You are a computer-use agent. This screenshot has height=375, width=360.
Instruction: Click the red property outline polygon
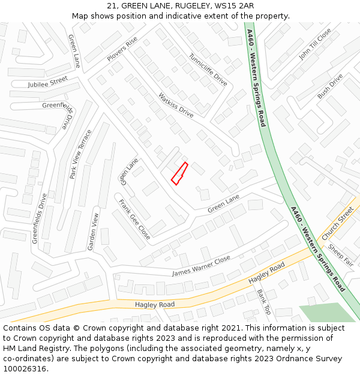179,173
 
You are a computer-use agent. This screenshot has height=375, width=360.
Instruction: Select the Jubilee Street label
48,82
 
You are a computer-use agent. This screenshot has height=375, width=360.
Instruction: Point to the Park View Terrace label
81,154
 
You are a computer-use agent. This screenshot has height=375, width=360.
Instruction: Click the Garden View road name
93,232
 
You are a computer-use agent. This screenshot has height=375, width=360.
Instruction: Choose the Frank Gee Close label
134,220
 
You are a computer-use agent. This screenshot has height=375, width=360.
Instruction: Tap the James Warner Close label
201,266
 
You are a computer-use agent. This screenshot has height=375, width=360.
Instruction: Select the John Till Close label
315,44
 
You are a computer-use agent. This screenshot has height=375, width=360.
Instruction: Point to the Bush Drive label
330,86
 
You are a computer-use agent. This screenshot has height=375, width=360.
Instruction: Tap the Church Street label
338,223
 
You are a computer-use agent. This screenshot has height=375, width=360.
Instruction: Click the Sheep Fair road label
341,255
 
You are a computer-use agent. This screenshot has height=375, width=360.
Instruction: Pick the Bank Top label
264,302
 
